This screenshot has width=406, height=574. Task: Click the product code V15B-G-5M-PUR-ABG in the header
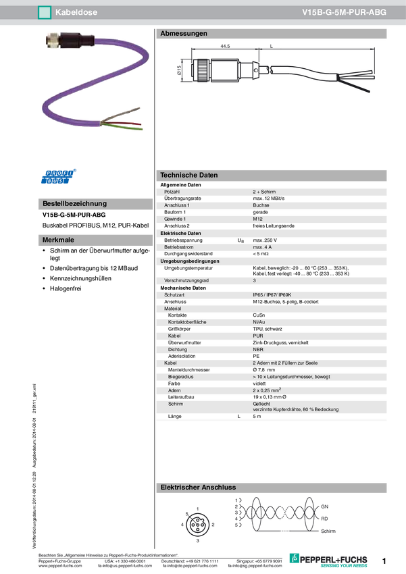click(x=344, y=11)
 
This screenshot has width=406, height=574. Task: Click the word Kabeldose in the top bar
click(x=74, y=11)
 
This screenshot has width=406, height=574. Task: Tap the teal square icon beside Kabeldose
click(x=45, y=11)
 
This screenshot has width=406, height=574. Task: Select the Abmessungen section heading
click(x=184, y=33)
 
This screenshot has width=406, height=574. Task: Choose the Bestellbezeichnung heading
click(x=74, y=203)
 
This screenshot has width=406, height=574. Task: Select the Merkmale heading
click(x=58, y=240)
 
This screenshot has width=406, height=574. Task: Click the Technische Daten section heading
click(x=188, y=175)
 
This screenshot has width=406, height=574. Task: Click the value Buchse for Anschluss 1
click(x=261, y=205)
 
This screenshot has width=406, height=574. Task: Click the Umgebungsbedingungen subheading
click(x=189, y=261)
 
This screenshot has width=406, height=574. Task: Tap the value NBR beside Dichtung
click(x=258, y=350)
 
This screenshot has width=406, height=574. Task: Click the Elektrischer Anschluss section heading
click(x=197, y=487)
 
